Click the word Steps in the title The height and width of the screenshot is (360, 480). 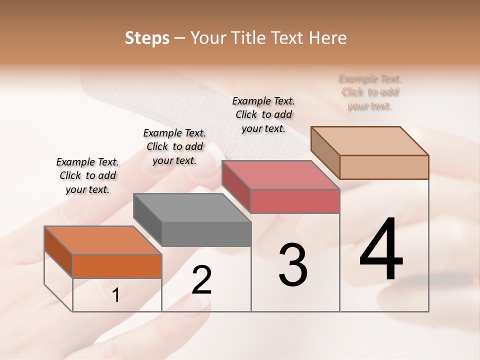147,38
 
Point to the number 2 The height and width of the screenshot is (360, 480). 201,280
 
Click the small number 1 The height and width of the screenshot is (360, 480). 115,295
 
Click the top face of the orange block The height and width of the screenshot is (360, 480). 102,240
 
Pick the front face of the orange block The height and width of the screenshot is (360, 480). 117,266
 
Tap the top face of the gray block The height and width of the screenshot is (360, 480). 192,207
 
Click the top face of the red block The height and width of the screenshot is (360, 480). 280,175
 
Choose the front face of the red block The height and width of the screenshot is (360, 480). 295,201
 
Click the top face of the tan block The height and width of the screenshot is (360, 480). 369,141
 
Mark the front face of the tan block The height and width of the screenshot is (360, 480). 384,167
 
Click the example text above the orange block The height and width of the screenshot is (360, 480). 87,175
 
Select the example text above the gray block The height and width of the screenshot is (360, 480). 174,146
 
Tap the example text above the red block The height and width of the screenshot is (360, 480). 263,114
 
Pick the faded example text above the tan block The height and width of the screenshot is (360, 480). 370,92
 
